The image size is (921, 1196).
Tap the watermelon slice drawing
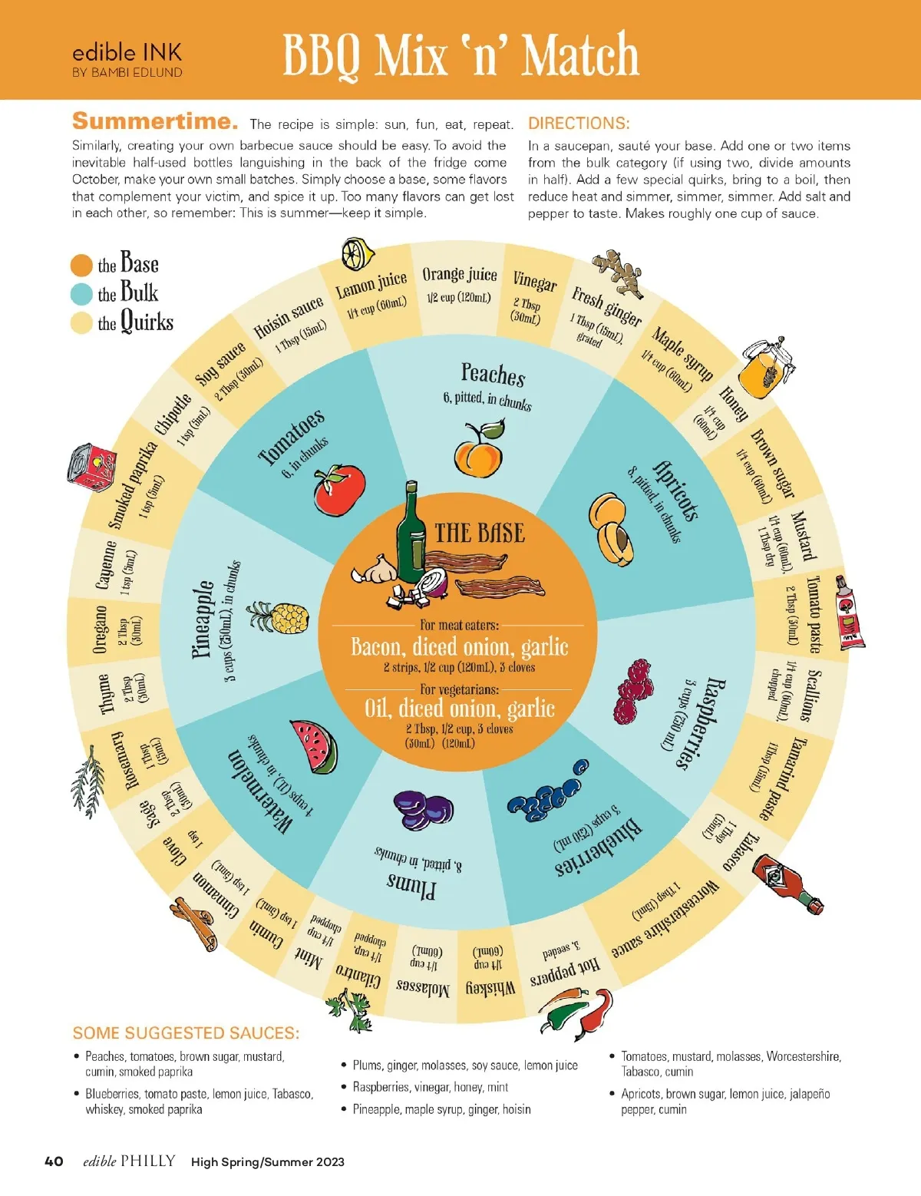point(315,746)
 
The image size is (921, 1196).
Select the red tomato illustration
point(339,490)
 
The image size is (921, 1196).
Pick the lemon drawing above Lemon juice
point(357,254)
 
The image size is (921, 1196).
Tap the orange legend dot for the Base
point(81,266)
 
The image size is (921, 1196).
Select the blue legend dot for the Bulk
point(81,294)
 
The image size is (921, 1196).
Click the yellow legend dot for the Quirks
point(81,323)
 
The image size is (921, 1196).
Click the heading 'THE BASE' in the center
point(480,533)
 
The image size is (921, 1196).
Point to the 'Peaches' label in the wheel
point(493,374)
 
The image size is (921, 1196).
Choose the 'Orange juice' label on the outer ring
point(459,275)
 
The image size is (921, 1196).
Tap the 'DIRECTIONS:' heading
point(579,124)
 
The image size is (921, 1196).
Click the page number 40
point(54,1161)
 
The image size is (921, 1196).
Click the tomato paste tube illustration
point(850,613)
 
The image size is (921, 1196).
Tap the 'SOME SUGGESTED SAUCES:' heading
point(186,1033)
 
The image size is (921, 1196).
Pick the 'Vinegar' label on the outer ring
point(534,282)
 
